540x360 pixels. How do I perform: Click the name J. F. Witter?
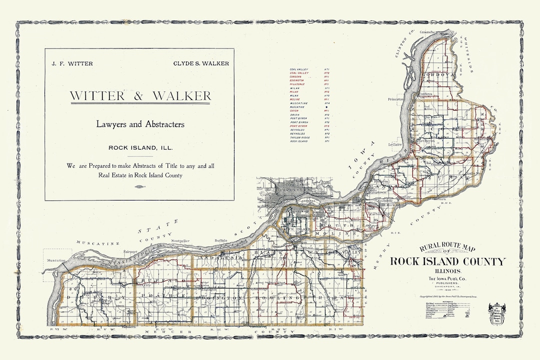(x=72, y=63)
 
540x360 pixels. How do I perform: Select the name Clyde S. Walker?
(x=201, y=63)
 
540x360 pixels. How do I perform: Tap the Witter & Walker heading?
(x=140, y=95)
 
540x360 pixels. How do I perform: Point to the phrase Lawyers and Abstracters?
(x=140, y=124)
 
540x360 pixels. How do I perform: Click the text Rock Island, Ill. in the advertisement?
(x=140, y=147)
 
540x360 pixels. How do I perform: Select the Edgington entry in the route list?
(x=297, y=80)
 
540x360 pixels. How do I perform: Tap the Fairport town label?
(x=130, y=251)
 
